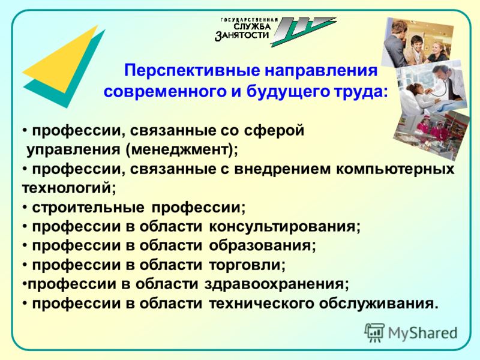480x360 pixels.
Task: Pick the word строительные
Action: coord(88,208)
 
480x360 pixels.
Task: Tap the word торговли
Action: coord(247,265)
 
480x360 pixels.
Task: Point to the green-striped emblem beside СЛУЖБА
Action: coord(303,32)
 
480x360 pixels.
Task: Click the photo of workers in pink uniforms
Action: coord(431,134)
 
